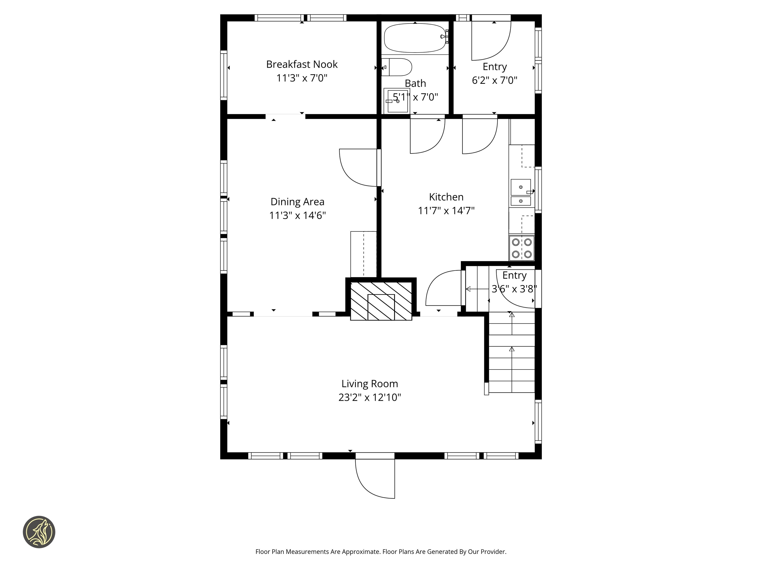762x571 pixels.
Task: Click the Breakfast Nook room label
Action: pos(302,64)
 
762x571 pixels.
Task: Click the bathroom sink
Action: pos(397,101)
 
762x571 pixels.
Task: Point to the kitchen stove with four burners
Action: pos(522,248)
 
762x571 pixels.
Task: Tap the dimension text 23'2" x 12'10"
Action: pos(370,398)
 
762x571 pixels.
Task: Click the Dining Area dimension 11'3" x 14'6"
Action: pos(297,215)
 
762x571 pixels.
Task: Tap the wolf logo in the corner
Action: pos(39,532)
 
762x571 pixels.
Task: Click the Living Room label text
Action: pos(370,384)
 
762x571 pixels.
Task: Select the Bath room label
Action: pos(415,83)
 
